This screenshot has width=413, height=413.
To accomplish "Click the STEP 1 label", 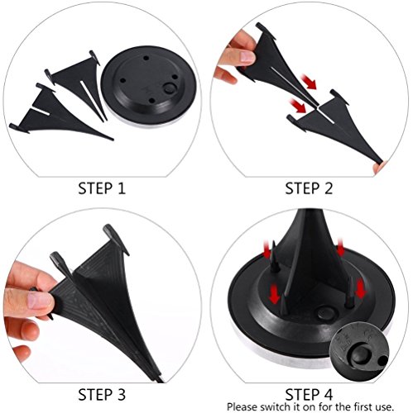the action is [x=102, y=188].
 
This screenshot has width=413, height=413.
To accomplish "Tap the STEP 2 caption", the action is [x=309, y=188].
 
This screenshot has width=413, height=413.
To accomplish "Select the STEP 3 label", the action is [x=102, y=395].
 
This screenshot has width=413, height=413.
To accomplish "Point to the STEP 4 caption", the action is [x=309, y=395].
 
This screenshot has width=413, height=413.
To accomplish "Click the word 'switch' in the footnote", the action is [x=275, y=406].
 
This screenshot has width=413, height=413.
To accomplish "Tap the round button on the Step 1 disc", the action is [x=169, y=89].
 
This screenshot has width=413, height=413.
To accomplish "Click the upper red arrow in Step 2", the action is [x=309, y=81].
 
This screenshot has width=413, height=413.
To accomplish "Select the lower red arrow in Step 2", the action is [x=298, y=106].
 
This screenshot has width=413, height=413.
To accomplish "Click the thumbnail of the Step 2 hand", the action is [x=247, y=57].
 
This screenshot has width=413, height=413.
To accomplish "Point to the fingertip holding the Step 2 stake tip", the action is [x=379, y=167].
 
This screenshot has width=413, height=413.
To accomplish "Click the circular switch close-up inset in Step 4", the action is [x=359, y=351].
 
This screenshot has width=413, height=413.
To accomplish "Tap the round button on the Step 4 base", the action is [x=326, y=313].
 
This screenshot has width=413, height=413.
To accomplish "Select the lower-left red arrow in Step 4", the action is [x=274, y=295].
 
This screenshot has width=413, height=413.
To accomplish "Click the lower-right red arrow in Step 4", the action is [x=360, y=288].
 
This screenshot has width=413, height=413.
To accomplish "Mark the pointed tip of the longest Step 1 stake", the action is [x=113, y=140].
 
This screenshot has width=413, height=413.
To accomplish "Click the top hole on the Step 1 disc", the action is [x=146, y=59].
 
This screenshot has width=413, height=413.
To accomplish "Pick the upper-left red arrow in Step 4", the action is [x=266, y=249].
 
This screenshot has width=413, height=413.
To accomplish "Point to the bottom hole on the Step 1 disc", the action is [x=151, y=101].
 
